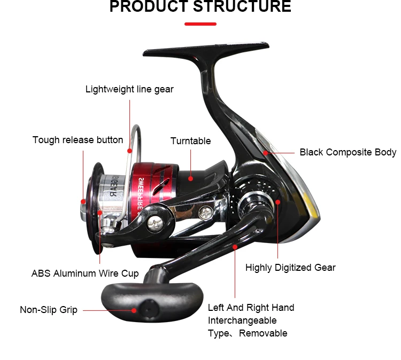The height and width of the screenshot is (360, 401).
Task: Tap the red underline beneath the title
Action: click(x=200, y=24)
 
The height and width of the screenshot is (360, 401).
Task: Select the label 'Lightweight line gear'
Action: click(x=129, y=89)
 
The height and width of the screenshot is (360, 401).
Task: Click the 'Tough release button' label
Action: click(x=78, y=140)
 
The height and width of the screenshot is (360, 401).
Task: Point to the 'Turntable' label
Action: click(x=190, y=141)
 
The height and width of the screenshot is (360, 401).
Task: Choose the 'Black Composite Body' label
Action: click(x=348, y=152)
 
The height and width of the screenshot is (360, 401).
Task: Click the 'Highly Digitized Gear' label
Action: click(x=290, y=268)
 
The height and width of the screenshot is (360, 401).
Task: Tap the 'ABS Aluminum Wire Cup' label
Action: click(x=85, y=273)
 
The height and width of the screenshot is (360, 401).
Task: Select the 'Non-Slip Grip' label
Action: click(x=49, y=310)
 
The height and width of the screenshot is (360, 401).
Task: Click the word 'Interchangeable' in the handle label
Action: click(x=242, y=320)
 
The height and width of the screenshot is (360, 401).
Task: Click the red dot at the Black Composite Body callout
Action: click(x=265, y=152)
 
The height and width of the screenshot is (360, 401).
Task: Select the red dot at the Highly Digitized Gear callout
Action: click(x=278, y=201)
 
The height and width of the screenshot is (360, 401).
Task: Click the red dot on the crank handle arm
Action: click(x=235, y=247)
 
